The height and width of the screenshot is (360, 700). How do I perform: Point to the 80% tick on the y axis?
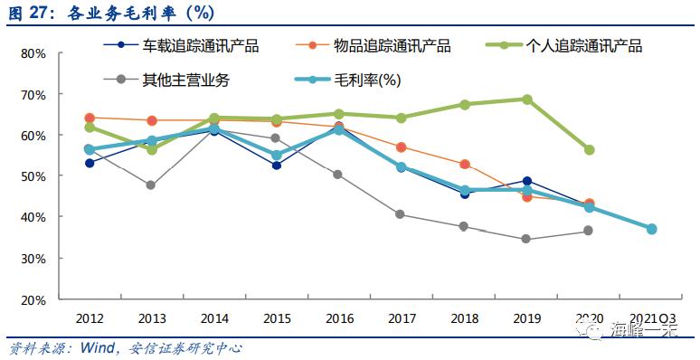pyautogui.click(x=33, y=53)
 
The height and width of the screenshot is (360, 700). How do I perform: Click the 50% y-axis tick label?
pyautogui.click(x=33, y=176)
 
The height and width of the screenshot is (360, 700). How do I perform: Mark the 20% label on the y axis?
pyautogui.click(x=33, y=299)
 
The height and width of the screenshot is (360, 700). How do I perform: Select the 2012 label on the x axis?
pyautogui.click(x=89, y=318)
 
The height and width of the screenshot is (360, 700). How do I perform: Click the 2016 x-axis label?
pyautogui.click(x=338, y=318)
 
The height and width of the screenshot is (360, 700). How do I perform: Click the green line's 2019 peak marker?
pyautogui.click(x=527, y=99)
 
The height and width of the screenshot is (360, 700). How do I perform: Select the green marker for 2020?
pyautogui.click(x=589, y=150)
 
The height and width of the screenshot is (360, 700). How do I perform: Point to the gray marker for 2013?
pyautogui.click(x=151, y=185)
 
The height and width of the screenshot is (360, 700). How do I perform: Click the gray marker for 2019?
pyautogui.click(x=527, y=240)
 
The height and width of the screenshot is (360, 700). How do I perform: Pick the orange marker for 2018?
pyautogui.click(x=465, y=165)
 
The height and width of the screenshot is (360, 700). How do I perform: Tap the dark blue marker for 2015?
pyautogui.click(x=276, y=166)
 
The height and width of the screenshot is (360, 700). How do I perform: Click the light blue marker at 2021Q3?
pyautogui.click(x=651, y=229)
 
